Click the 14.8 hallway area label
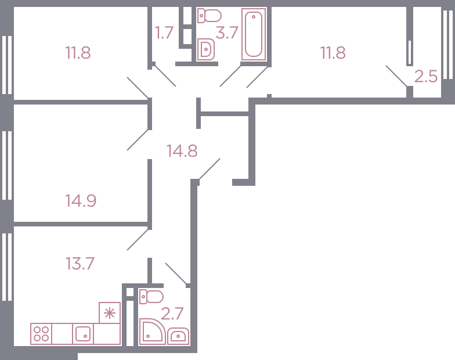(x=182, y=151)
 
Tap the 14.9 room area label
(x=80, y=201)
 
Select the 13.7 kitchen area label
(x=80, y=264)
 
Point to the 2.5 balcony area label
(x=426, y=77)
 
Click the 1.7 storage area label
(x=164, y=33)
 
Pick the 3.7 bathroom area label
(x=227, y=33)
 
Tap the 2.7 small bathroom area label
(x=172, y=314)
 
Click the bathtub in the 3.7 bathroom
(x=254, y=34)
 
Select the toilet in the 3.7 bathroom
(x=210, y=16)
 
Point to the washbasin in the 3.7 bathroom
(x=206, y=50)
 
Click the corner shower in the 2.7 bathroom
(x=152, y=331)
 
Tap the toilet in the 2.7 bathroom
(x=151, y=297)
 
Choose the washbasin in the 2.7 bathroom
(x=178, y=336)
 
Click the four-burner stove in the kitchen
(x=41, y=334)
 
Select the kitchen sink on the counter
(x=82, y=334)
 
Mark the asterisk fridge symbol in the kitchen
(x=110, y=312)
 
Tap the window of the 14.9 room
(x=7, y=165)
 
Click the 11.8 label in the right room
(x=333, y=53)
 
